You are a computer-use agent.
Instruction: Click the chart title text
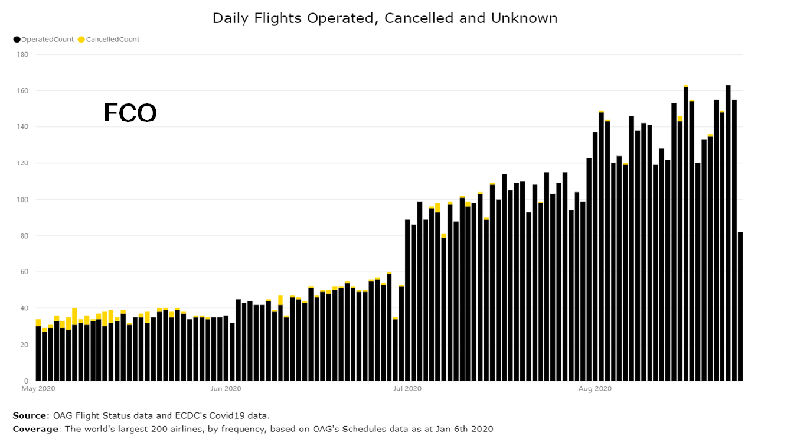(x=385, y=18)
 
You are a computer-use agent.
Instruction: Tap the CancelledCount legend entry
(x=112, y=40)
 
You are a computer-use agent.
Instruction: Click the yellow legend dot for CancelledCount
(x=81, y=40)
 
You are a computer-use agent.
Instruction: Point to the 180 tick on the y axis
(x=24, y=54)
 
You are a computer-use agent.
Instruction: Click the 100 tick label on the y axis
(x=24, y=200)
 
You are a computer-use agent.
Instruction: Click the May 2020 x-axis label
(x=39, y=389)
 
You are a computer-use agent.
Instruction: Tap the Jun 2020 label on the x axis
(x=226, y=389)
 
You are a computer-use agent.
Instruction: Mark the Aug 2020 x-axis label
(x=595, y=389)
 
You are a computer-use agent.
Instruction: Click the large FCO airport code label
(x=130, y=112)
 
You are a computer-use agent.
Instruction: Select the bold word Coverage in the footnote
(x=36, y=429)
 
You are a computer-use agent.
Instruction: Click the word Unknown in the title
(x=524, y=18)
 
